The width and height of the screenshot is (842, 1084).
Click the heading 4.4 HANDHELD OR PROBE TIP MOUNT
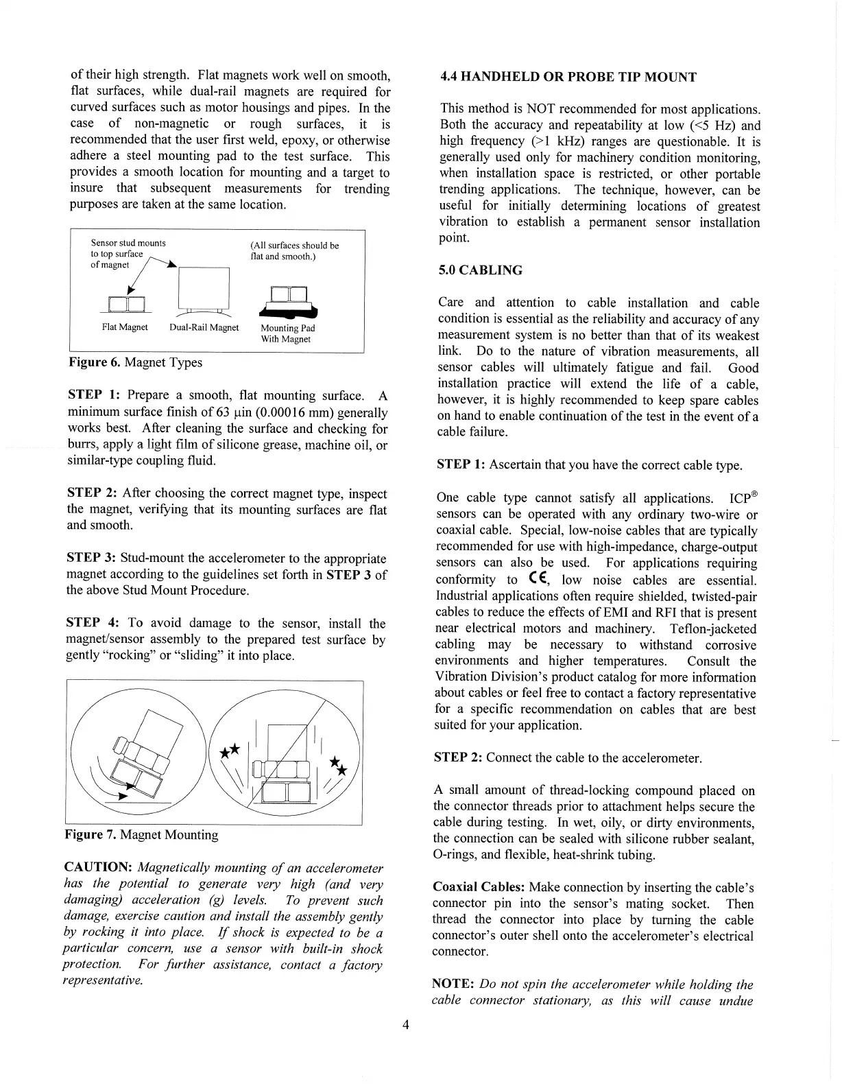[568, 77]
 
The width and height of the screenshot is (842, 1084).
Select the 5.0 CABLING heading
[480, 270]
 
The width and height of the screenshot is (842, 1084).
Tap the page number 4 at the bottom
[406, 1025]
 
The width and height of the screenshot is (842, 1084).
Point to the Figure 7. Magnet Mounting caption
[141, 835]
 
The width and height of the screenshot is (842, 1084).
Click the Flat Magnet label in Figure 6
[125, 327]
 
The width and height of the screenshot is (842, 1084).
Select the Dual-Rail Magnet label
[204, 327]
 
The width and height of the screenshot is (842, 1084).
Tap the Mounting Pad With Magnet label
[287, 333]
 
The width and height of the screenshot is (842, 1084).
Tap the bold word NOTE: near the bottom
[453, 985]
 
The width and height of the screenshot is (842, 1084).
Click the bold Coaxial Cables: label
[479, 887]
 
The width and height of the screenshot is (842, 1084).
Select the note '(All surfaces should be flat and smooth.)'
[294, 251]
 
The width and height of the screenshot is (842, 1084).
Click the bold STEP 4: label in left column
[93, 623]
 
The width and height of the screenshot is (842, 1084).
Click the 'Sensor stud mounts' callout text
[128, 243]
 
